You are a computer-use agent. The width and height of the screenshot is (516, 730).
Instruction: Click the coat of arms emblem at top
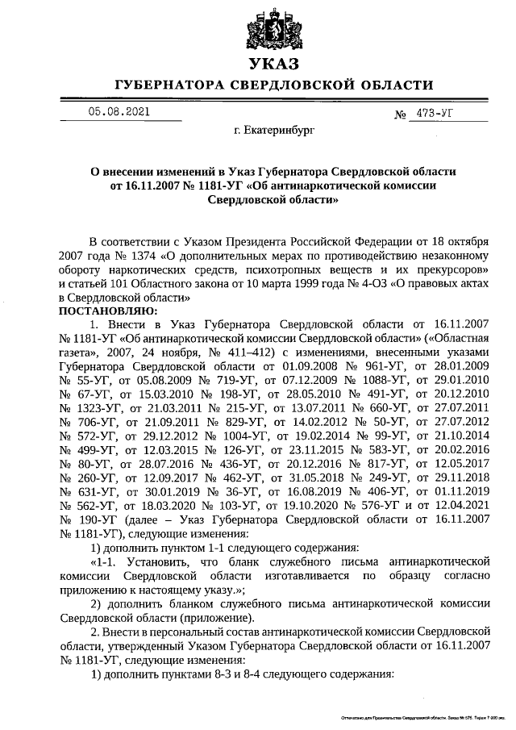tap(273, 31)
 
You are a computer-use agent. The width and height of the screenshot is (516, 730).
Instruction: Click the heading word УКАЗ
tap(273, 65)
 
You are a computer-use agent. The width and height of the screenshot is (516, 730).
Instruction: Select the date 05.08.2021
tap(118, 112)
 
